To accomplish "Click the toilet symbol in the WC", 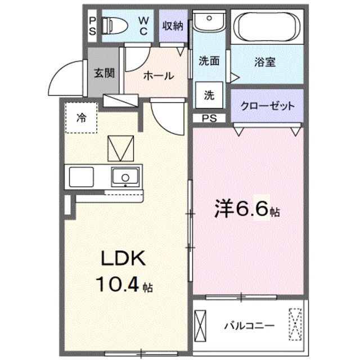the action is [x=115, y=25].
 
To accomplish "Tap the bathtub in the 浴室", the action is [x=267, y=26].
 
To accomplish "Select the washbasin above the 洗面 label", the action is [x=209, y=21].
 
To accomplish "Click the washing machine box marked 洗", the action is [x=209, y=95].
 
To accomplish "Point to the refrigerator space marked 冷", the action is [x=81, y=118].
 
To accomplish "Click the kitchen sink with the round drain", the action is [x=125, y=177].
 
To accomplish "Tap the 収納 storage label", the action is [x=173, y=26].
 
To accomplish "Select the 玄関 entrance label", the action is [x=104, y=73].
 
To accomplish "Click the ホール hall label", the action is [x=159, y=75].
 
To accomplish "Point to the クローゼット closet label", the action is [x=268, y=106].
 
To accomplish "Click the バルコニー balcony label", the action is [x=250, y=326].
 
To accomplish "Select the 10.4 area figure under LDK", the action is [x=118, y=283].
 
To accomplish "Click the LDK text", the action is [x=124, y=258].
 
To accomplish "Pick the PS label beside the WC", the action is [x=92, y=26].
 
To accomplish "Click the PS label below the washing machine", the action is [x=209, y=118].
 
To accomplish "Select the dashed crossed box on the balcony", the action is [x=295, y=324].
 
